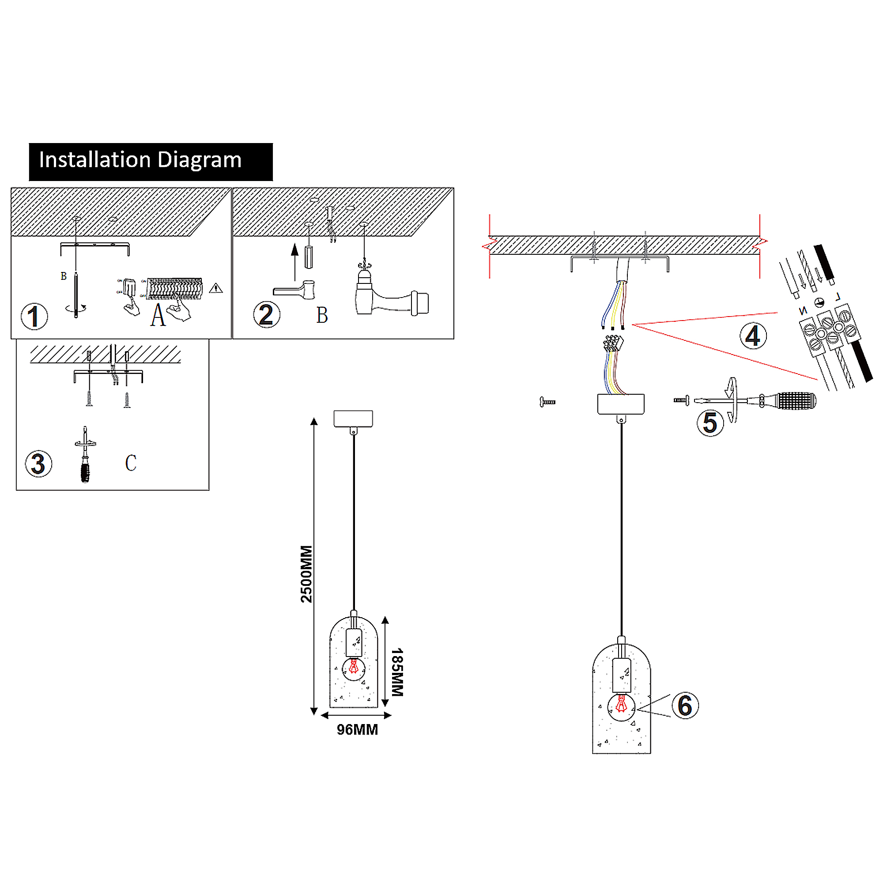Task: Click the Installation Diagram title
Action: [140, 160]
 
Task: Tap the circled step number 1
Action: [34, 316]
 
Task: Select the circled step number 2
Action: [267, 314]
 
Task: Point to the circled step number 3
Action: [38, 464]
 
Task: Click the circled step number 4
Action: [753, 336]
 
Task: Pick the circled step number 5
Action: [710, 423]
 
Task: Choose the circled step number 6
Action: [685, 706]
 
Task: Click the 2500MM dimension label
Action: [306, 574]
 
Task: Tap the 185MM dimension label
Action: [397, 672]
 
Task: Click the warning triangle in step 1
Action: [216, 288]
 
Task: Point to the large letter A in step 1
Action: [158, 315]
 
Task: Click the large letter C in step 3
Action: [131, 463]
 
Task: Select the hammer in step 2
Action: [295, 290]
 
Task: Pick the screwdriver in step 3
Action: [85, 457]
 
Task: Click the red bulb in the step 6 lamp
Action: [621, 704]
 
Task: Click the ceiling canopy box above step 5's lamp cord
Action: [621, 404]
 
